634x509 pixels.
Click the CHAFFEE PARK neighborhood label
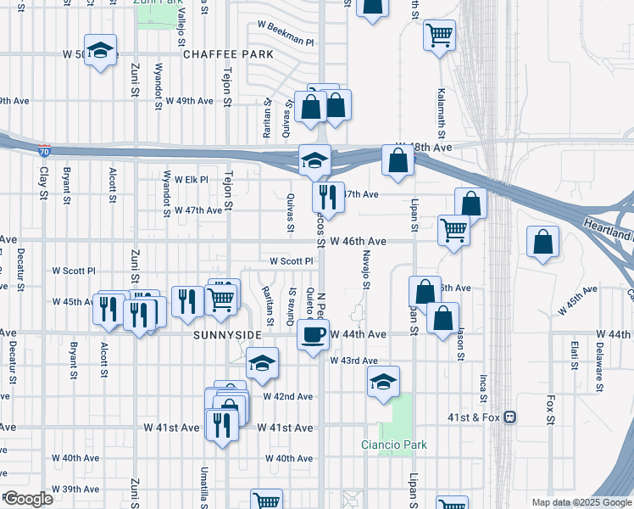228,54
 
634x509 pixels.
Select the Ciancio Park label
394,445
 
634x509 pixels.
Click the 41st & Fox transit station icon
510,417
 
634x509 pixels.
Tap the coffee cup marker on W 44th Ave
313,334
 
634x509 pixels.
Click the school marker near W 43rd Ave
384,382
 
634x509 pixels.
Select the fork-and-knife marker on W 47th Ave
327,197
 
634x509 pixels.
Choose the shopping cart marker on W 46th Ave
454,229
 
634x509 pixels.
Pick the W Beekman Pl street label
286,41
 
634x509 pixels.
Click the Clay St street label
43,182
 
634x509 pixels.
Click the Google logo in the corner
28,499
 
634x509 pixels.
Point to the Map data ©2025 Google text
581,502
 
